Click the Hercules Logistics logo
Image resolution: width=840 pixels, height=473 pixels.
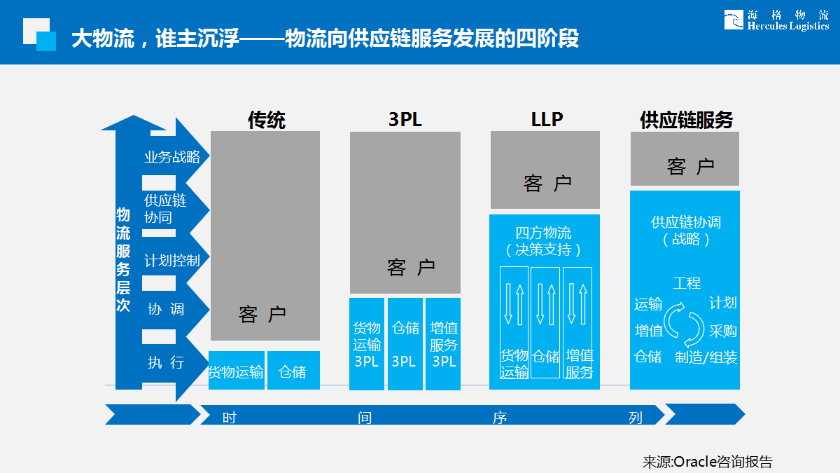pos(776,20)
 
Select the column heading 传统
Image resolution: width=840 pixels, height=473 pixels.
pos(266,120)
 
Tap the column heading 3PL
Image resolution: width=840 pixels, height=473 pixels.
pos(405,120)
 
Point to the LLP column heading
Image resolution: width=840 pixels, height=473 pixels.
pos(546,120)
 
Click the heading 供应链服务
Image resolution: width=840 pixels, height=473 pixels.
pos(686,120)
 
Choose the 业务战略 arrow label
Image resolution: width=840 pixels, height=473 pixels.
pos(172,157)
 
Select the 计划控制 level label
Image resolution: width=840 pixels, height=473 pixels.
pos(172,261)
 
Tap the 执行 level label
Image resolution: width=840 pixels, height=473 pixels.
pos(166,362)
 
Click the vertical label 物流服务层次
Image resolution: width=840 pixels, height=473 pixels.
pos(123,260)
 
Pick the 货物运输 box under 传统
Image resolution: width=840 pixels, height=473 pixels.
pos(236,371)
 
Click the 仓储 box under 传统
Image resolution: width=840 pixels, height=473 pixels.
pos(293,371)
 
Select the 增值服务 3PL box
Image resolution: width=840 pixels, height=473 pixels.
pos(443,344)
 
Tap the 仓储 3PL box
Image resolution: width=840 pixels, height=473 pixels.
pos(405,344)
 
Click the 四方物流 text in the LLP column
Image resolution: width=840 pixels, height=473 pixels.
pos(543,233)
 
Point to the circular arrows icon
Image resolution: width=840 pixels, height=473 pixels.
pos(684,324)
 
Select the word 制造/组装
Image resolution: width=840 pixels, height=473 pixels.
pos(706,357)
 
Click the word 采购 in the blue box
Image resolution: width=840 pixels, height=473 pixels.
pos(722,331)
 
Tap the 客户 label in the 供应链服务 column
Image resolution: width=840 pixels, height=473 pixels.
pos(690,167)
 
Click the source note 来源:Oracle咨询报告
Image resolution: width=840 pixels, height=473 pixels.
pos(708,462)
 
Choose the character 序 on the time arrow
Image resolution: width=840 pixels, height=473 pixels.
pos(499,418)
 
